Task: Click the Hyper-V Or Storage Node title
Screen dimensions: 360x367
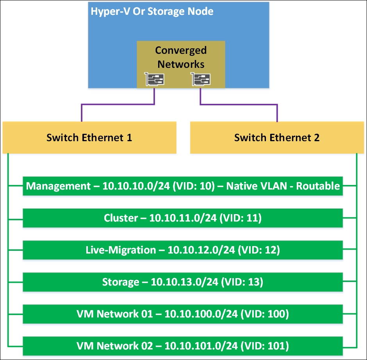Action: point(152,11)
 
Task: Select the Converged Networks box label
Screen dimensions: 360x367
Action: point(181,57)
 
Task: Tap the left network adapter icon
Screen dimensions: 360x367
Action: point(154,79)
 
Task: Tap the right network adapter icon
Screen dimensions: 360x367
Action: point(201,79)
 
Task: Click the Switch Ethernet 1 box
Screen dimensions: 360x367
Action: point(89,138)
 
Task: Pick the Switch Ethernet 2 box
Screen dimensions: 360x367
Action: point(277,138)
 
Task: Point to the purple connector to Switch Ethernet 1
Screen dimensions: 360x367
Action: point(117,105)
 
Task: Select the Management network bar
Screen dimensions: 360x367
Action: point(183,186)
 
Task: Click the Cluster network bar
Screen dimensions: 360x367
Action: point(183,218)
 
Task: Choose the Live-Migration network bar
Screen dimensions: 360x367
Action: point(183,250)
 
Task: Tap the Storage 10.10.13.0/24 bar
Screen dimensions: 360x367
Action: point(183,282)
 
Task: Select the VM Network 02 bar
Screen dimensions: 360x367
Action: point(183,346)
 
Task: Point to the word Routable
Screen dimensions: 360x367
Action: point(318,186)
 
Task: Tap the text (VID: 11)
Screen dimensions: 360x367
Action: point(241,218)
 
